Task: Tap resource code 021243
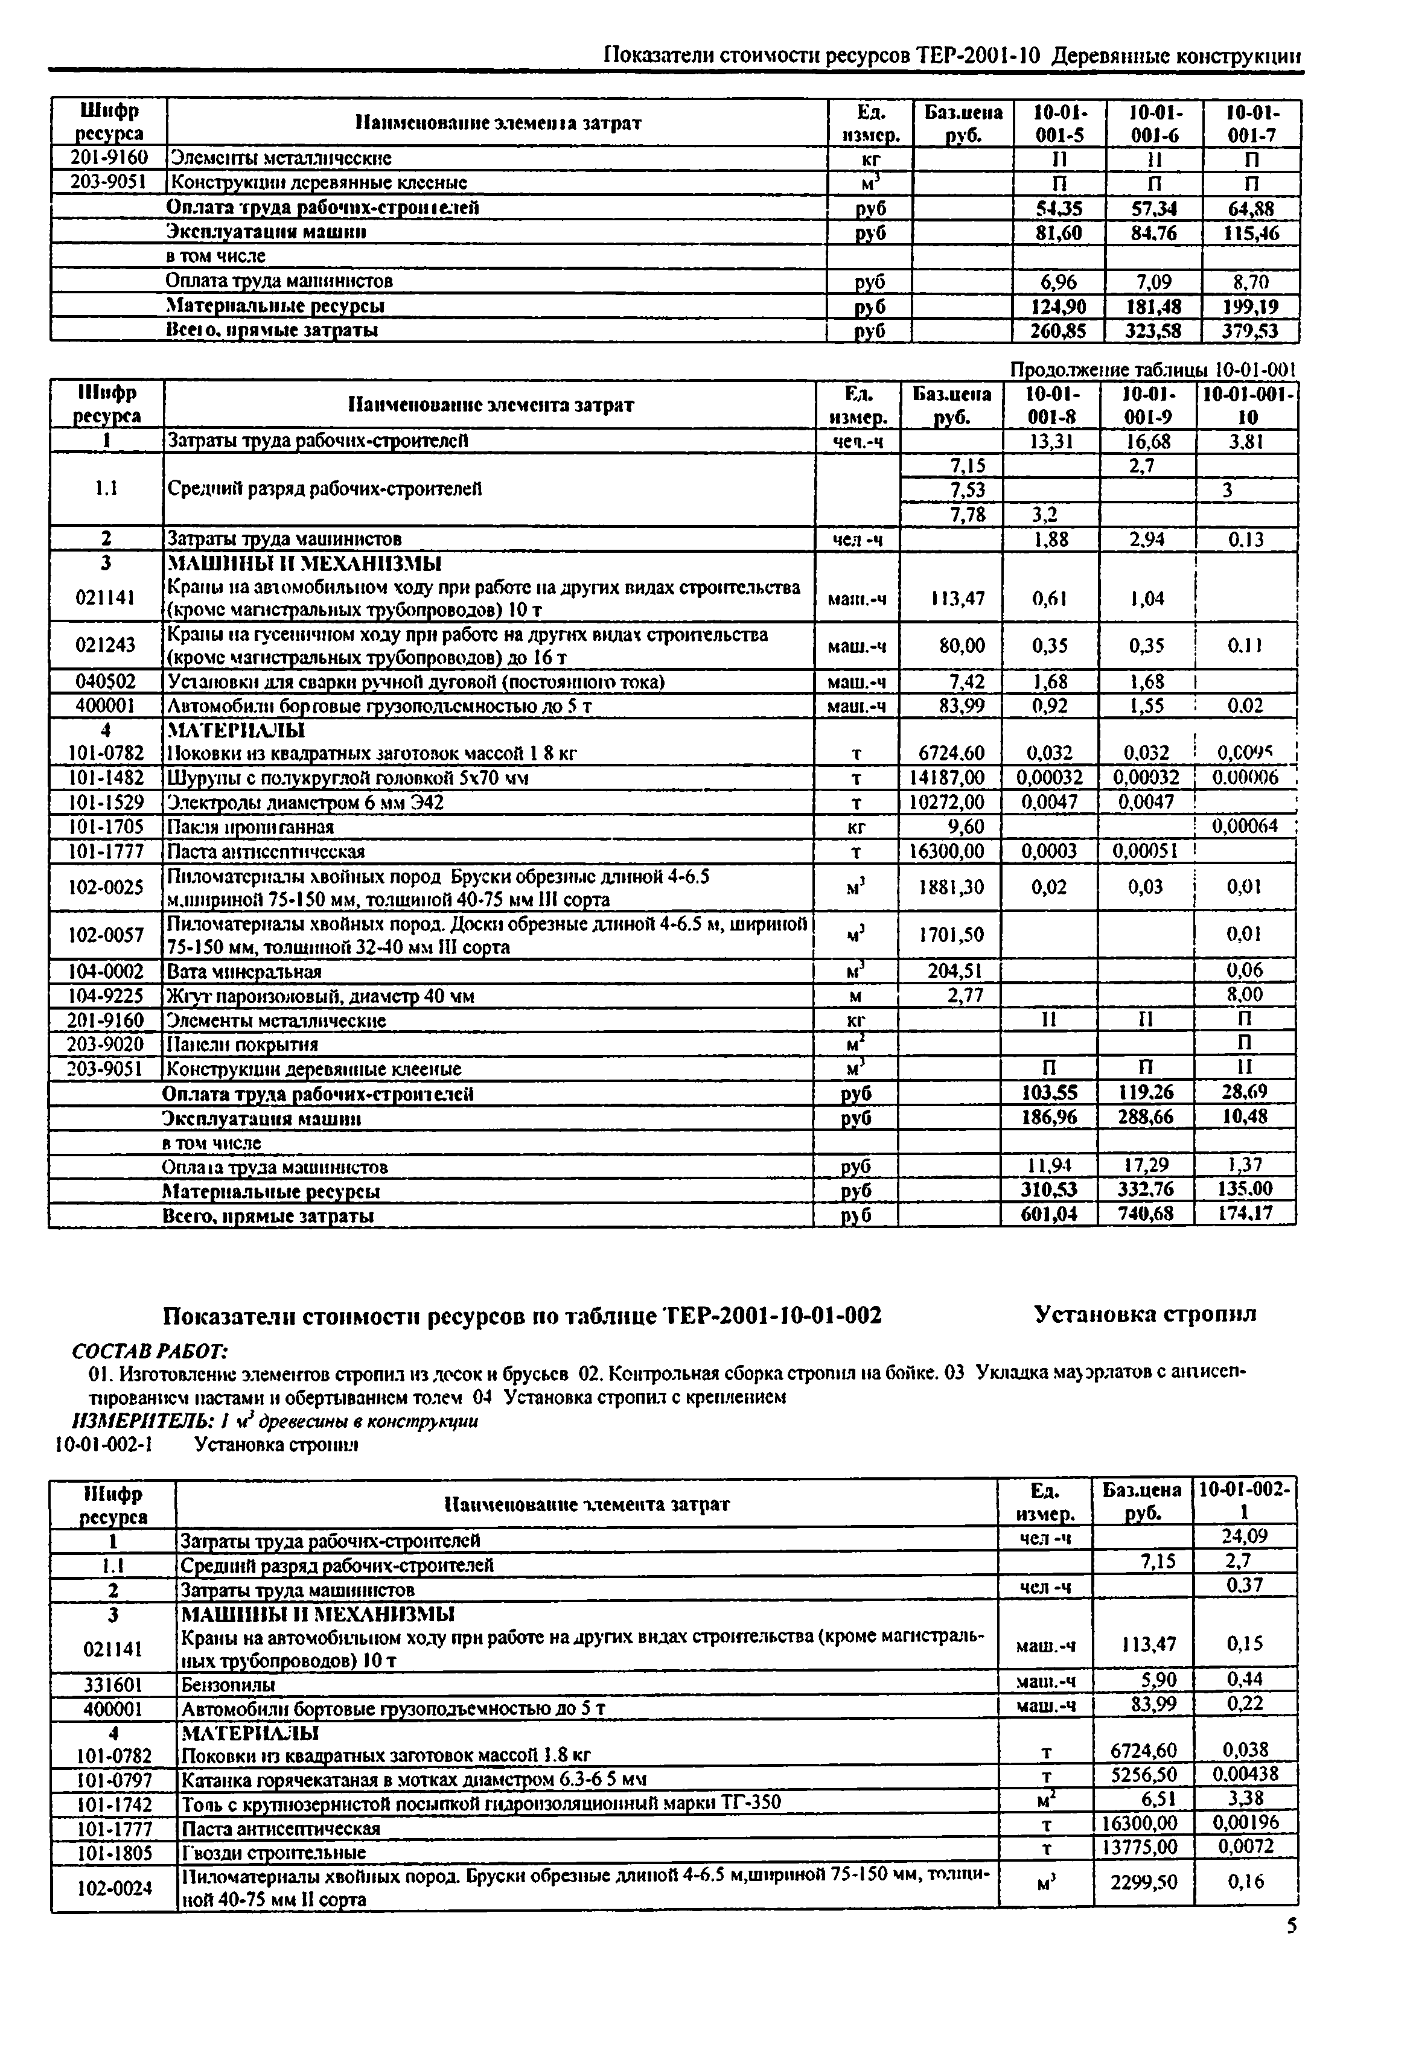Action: click(x=106, y=645)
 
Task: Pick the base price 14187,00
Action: click(x=947, y=777)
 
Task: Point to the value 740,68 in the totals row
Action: click(x=1146, y=1214)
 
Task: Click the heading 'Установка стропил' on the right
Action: click(x=1146, y=1314)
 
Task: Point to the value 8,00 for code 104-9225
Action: click(x=1245, y=995)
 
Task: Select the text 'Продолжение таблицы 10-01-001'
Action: click(x=1153, y=369)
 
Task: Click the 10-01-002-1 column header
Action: click(x=1245, y=1502)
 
